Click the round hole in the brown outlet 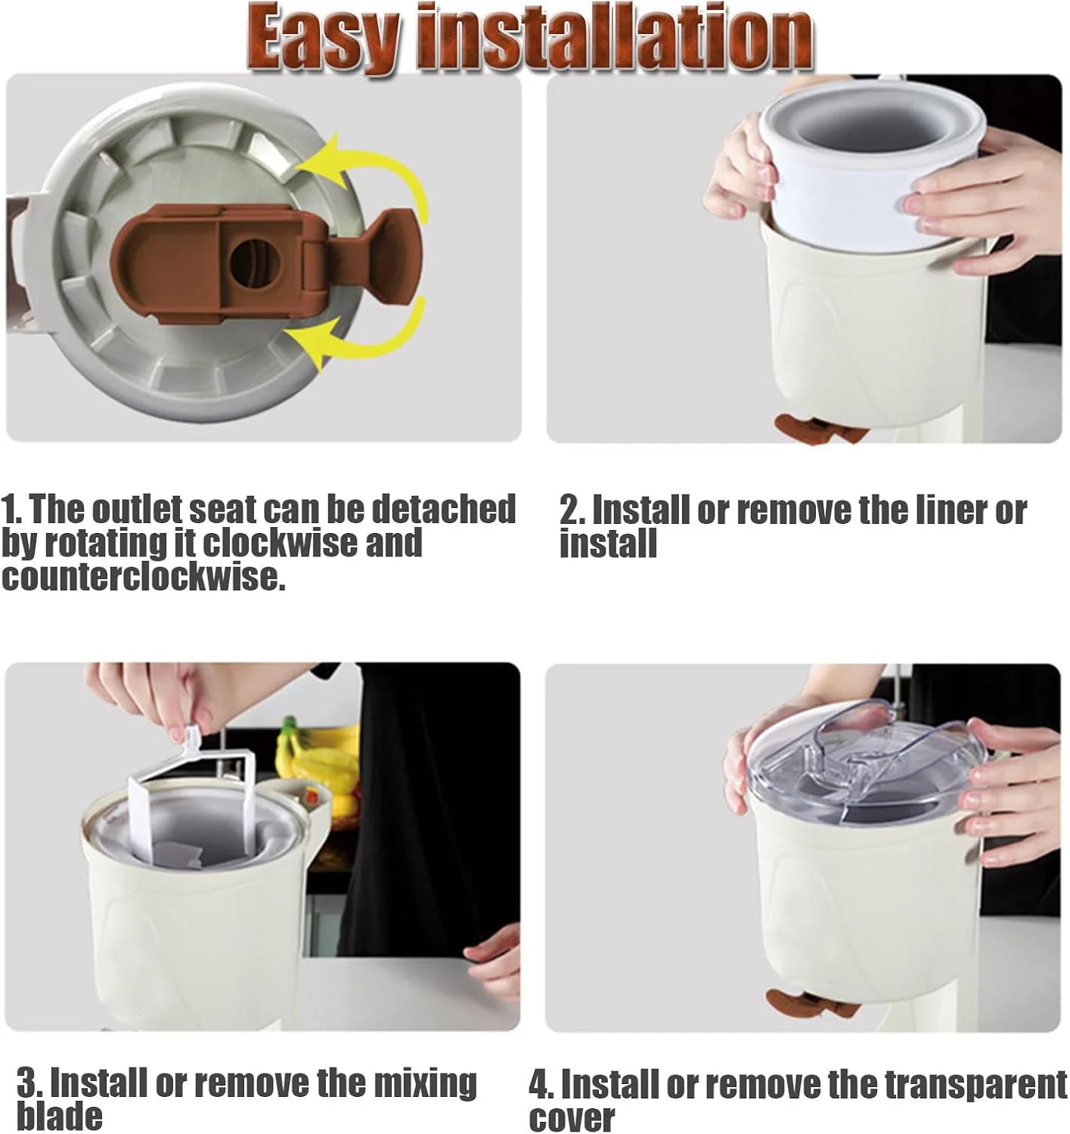pyautogui.click(x=253, y=263)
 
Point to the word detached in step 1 pyautogui.click(x=444, y=509)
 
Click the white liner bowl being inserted pyautogui.click(x=870, y=166)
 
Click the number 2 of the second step pyautogui.click(x=569, y=510)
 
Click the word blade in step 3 pyautogui.click(x=60, y=1115)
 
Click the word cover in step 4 pyautogui.click(x=572, y=1117)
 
